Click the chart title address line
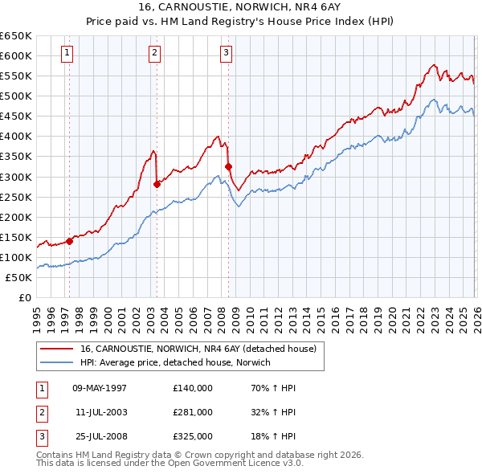241,8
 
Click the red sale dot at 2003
157,184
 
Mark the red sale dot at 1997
70,240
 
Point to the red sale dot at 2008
229,166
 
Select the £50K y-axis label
19,277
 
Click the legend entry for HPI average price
175,362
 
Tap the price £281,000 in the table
193,412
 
